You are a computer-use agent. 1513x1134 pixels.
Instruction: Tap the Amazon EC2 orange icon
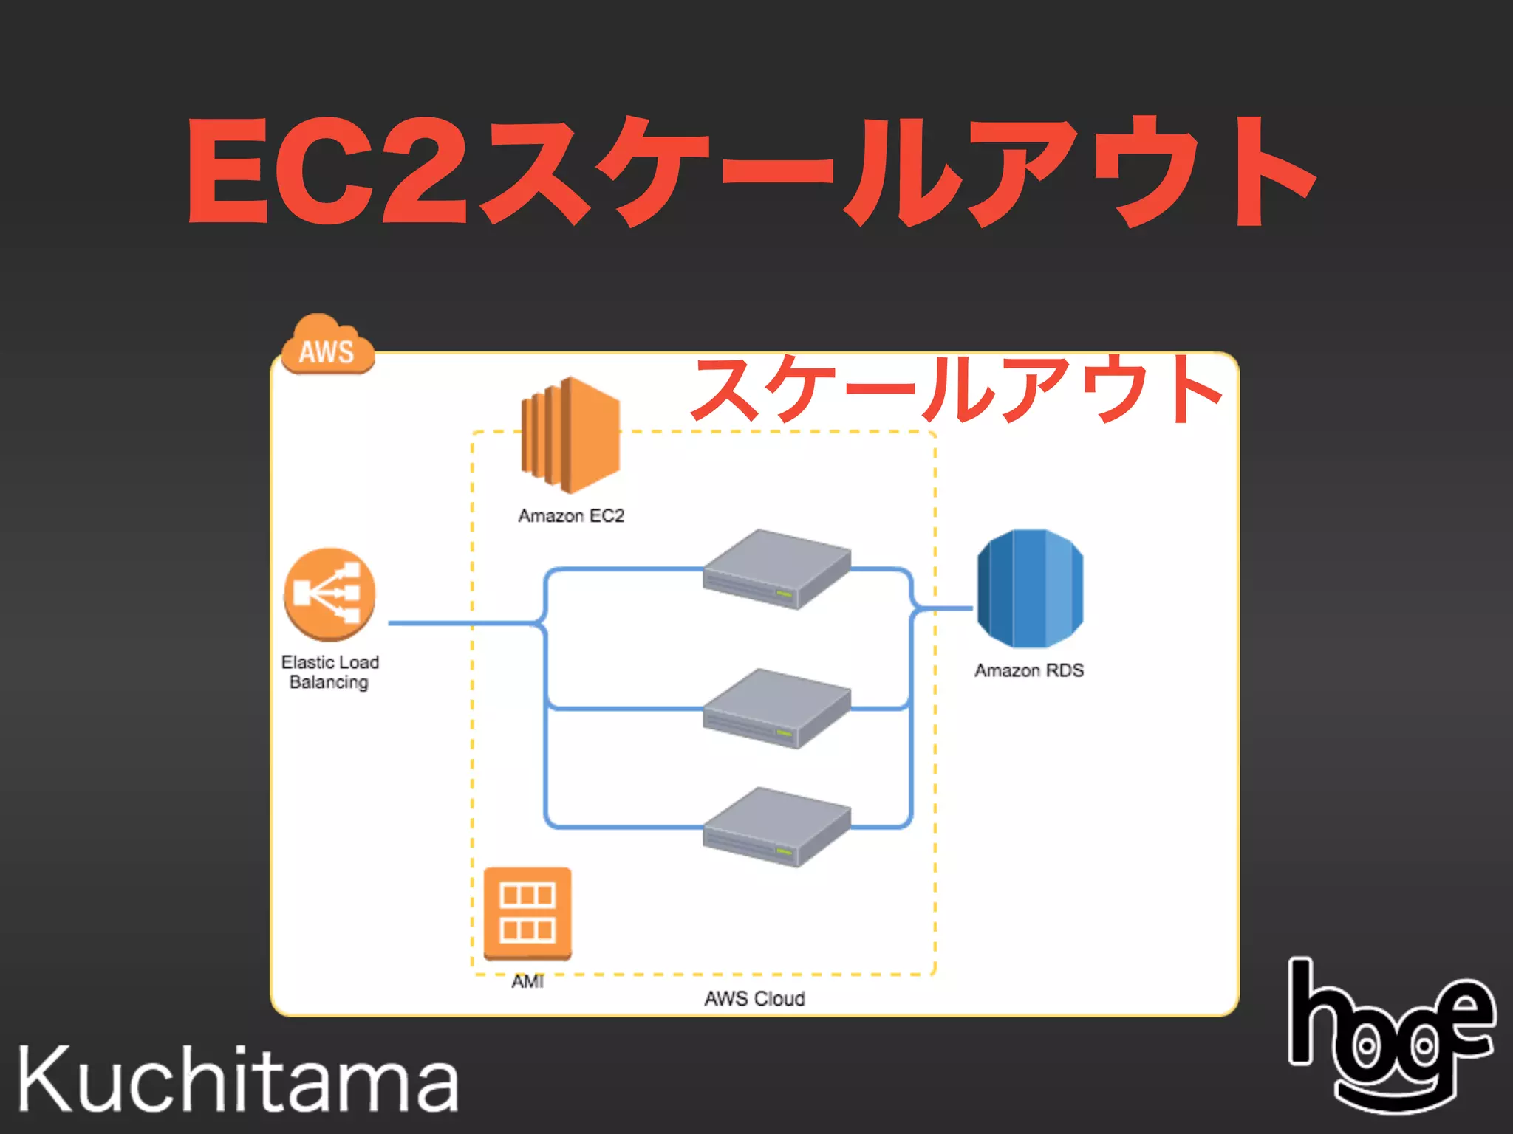(x=570, y=436)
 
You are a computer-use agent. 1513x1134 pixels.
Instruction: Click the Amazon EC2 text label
(x=571, y=515)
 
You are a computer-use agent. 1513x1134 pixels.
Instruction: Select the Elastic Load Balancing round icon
(x=329, y=594)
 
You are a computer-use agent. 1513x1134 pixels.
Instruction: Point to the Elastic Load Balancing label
(x=329, y=672)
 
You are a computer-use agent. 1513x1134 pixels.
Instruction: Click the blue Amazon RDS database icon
(x=1030, y=588)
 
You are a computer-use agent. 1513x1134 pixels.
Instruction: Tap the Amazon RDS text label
(x=1028, y=670)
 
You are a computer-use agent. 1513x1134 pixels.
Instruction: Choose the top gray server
(x=776, y=568)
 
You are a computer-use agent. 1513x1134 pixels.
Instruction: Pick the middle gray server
(x=776, y=708)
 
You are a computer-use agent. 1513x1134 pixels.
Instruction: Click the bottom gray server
(x=776, y=826)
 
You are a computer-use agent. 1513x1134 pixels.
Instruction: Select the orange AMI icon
(x=527, y=913)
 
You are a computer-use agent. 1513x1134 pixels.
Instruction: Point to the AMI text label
(x=527, y=981)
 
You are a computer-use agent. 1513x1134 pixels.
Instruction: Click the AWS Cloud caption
(x=754, y=999)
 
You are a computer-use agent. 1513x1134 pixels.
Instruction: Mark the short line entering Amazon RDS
(x=946, y=609)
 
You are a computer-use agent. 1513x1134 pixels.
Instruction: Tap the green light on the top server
(x=784, y=594)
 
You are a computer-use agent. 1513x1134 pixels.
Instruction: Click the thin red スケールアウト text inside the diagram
(x=957, y=389)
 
